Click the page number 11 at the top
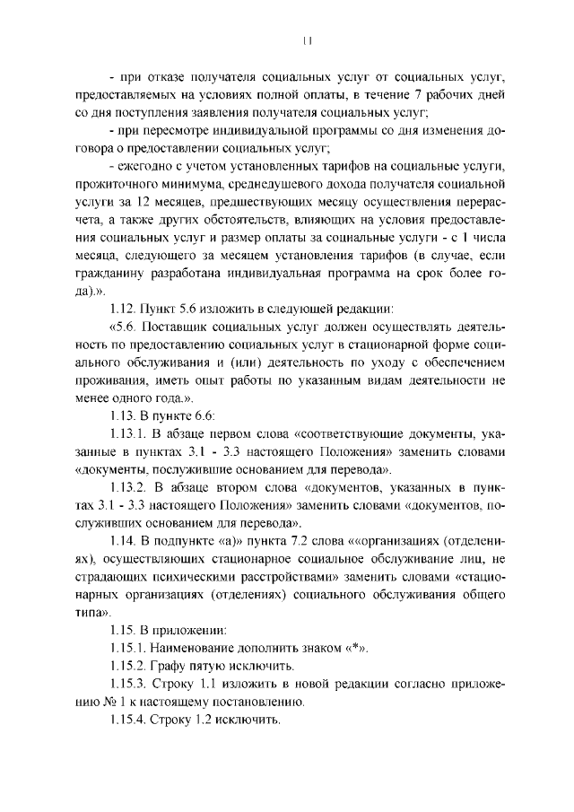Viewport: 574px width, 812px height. click(x=307, y=40)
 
